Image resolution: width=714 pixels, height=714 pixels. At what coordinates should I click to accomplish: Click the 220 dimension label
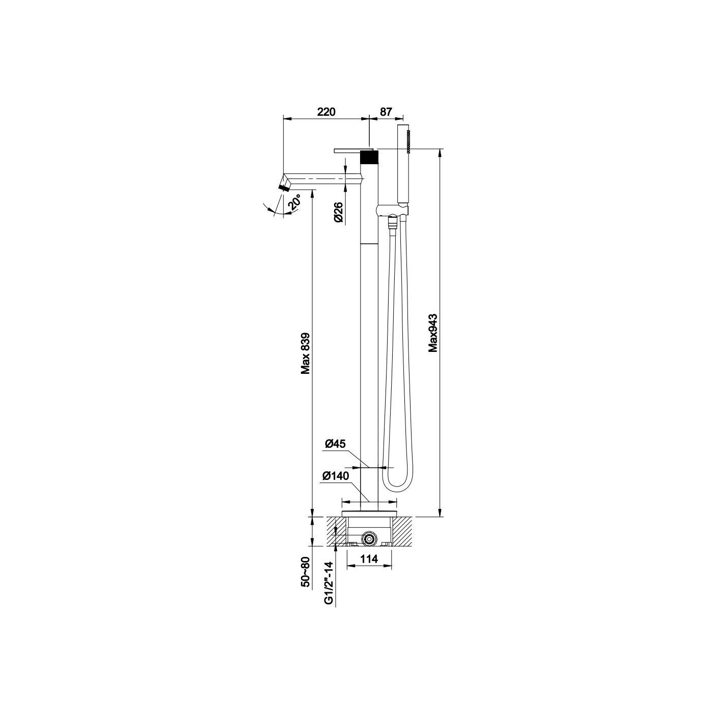point(326,112)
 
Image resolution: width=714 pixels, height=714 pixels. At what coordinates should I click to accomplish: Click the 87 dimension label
point(386,112)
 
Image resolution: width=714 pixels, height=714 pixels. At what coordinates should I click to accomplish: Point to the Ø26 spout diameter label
point(339,213)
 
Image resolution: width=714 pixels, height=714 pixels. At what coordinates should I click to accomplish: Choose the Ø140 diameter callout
point(336,476)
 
